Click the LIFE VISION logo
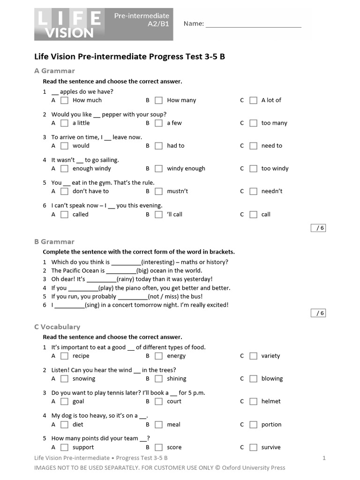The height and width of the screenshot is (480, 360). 68,24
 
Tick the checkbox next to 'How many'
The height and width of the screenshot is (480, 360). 159,100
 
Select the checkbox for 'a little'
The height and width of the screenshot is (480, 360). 65,123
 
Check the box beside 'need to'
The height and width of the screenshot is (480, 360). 253,146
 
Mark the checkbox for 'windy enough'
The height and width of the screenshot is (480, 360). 159,169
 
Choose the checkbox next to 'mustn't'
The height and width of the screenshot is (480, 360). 159,191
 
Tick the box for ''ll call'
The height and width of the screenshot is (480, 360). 159,215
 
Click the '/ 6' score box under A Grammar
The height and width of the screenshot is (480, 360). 319,228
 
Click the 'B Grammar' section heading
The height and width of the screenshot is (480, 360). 54,242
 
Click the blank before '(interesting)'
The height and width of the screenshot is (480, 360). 126,263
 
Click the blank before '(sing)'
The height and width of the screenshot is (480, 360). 70,306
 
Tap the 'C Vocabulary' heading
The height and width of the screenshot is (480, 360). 57,327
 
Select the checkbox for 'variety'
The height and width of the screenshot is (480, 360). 253,356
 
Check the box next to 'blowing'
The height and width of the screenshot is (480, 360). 253,379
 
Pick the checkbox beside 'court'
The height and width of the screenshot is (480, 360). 159,402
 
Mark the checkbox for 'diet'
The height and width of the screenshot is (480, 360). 65,425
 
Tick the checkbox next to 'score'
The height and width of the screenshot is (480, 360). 159,448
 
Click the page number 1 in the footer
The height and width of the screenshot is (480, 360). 324,458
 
